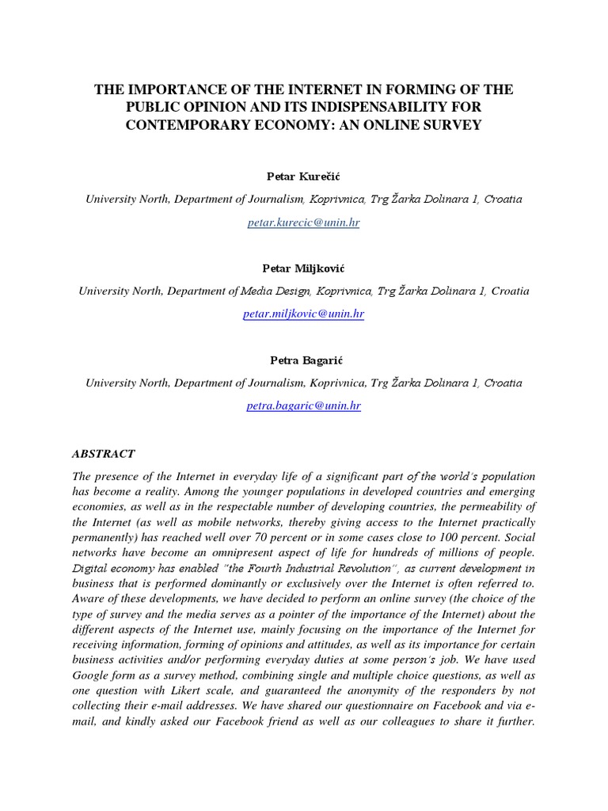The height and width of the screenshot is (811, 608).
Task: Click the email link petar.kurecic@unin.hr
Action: pyautogui.click(x=304, y=223)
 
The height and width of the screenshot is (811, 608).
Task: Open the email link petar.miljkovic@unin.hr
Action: pyautogui.click(x=304, y=314)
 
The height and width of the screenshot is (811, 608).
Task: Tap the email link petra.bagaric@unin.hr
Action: pyautogui.click(x=304, y=405)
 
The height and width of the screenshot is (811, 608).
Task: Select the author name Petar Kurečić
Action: pyautogui.click(x=304, y=175)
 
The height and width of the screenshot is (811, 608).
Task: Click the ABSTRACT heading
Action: pyautogui.click(x=104, y=454)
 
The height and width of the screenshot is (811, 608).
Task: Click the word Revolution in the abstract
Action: pyautogui.click(x=338, y=568)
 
